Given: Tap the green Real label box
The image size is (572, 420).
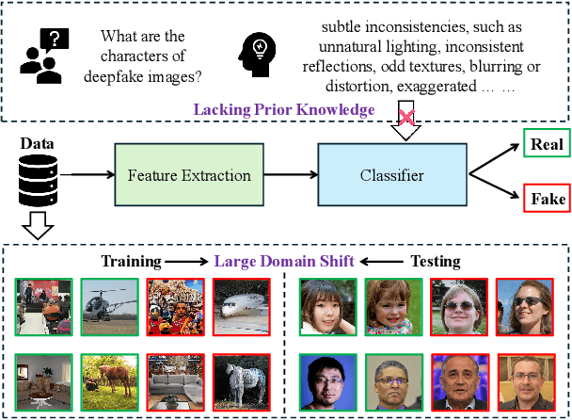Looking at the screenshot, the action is coord(546,144).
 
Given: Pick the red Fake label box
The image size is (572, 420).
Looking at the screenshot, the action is coord(546,201).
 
